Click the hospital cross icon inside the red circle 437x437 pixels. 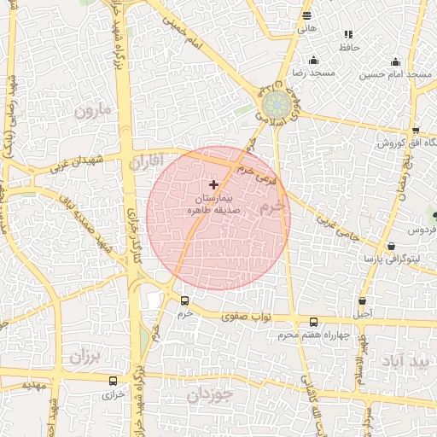[x=213, y=184]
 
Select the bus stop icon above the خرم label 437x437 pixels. [x=185, y=300]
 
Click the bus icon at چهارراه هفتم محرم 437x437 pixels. [x=314, y=322]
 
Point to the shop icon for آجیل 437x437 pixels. [x=364, y=301]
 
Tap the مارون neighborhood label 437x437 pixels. [x=93, y=110]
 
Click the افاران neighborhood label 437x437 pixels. [x=146, y=161]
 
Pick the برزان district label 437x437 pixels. [x=85, y=354]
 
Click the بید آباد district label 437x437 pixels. [x=411, y=361]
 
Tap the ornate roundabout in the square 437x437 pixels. [x=275, y=106]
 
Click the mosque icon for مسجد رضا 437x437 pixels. [x=314, y=60]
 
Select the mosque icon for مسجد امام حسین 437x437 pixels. [x=395, y=61]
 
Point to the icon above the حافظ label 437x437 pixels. [x=348, y=34]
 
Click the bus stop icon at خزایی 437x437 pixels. [x=113, y=381]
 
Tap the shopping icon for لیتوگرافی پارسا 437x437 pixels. [x=392, y=247]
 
